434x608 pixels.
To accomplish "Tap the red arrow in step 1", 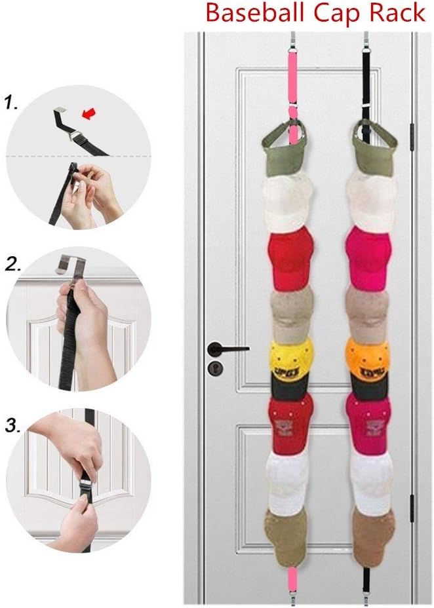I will pyautogui.click(x=86, y=115).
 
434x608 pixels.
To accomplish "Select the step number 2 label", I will pyautogui.click(x=14, y=265).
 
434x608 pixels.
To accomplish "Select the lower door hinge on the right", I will pyautogui.click(x=412, y=510).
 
